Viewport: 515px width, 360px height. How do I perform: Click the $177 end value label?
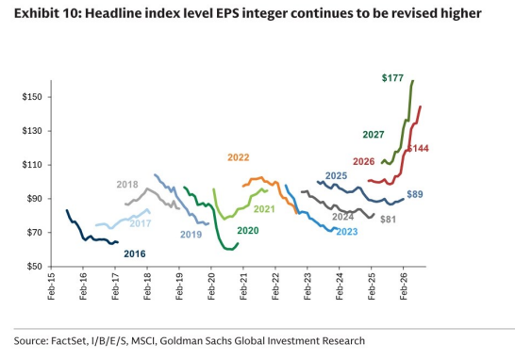(392, 78)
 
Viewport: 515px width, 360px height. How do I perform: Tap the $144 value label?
(418, 148)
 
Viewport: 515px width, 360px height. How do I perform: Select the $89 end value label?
(415, 194)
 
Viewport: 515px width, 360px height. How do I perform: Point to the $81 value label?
(389, 220)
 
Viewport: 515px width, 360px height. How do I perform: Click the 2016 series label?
(135, 254)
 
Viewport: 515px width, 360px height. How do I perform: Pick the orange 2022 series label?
(239, 157)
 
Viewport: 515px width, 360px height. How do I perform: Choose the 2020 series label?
(248, 231)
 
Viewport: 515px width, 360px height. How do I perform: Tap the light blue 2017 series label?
(141, 223)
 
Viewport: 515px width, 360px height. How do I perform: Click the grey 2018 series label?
(127, 185)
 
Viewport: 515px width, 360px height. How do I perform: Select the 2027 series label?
(374, 135)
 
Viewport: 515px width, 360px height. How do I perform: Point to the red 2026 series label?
(363, 161)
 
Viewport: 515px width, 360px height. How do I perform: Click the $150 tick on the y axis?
(32, 97)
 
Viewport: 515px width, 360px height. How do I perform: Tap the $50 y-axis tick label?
(34, 266)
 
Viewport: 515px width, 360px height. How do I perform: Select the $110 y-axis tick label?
(32, 165)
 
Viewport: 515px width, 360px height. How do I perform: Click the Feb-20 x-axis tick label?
(211, 286)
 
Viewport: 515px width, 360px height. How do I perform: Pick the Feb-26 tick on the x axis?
(404, 286)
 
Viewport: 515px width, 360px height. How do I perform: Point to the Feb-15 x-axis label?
(51, 286)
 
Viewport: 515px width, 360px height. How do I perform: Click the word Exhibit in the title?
(35, 13)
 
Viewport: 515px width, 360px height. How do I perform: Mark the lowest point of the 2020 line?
(230, 250)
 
